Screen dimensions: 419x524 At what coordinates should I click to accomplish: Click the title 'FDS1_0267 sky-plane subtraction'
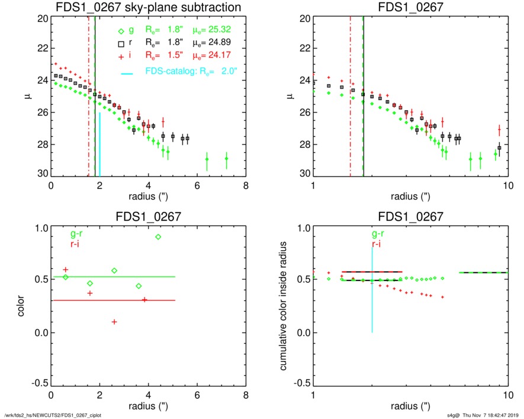tap(148, 7)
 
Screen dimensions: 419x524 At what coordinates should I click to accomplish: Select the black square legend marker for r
tap(121, 43)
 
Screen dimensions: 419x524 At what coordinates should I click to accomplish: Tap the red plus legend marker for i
tap(121, 55)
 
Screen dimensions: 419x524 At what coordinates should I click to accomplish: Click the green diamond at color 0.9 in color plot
tap(158, 237)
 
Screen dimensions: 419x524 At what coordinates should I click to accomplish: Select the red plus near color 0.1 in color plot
tap(114, 321)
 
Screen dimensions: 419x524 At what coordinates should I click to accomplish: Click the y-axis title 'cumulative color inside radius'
tap(285, 308)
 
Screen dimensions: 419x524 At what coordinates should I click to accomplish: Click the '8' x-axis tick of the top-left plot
tap(245, 185)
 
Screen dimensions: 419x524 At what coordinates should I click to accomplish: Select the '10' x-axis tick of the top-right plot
tap(507, 185)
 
